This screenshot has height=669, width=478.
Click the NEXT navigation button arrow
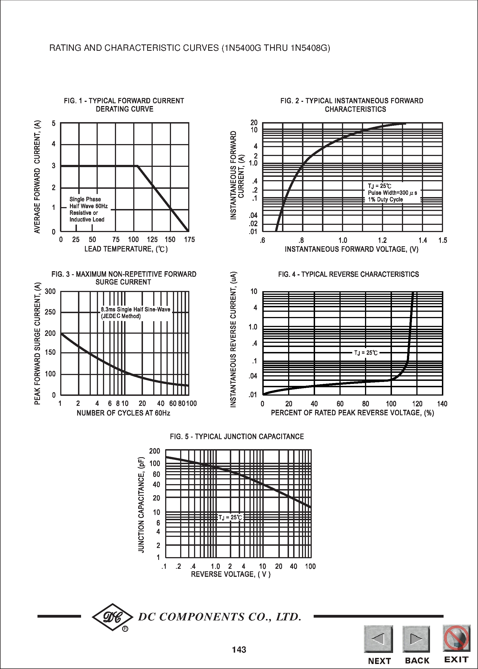[x=378, y=639]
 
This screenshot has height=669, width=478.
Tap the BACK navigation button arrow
[x=416, y=639]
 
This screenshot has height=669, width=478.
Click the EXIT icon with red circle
[x=456, y=638]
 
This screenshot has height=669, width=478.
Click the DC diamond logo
[x=112, y=617]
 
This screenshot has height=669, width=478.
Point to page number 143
[x=239, y=650]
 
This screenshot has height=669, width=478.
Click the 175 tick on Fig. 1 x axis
[x=189, y=240]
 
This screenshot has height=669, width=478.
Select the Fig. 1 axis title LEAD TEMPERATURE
[x=126, y=249]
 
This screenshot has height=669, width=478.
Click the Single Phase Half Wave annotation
[x=88, y=209]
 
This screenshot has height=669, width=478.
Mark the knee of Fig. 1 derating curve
[x=137, y=166]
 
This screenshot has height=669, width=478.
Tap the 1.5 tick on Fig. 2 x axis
[x=442, y=240]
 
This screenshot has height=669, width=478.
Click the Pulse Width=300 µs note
[x=392, y=193]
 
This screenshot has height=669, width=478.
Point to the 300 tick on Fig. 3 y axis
[x=50, y=291]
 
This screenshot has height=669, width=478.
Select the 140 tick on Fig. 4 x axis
[x=442, y=404]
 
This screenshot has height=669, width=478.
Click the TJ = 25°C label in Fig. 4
[x=366, y=353]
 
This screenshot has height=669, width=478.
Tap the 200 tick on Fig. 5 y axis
[x=155, y=451]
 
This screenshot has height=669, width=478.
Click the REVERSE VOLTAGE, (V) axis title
[x=230, y=574]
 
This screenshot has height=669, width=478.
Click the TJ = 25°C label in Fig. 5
[x=230, y=517]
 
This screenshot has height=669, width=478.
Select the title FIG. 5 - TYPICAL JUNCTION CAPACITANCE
[x=237, y=436]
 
